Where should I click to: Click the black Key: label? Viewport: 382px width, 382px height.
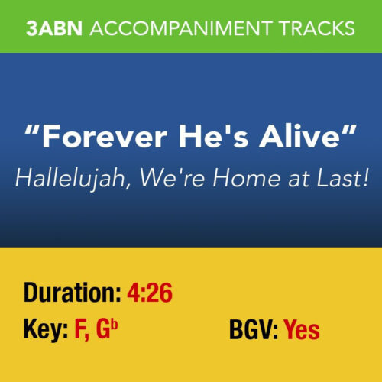[44, 330]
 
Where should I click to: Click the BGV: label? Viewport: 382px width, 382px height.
[254, 330]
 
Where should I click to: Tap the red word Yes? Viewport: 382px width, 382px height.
[302, 330]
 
